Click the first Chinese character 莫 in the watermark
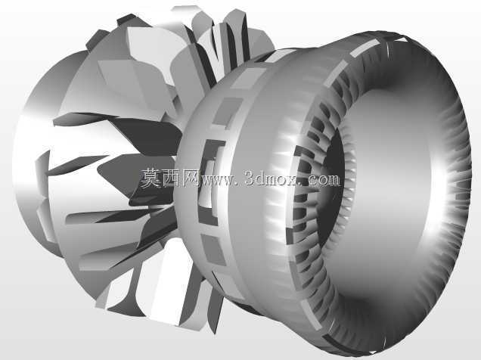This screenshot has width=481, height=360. (151, 178)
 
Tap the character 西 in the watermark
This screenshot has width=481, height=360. (171, 178)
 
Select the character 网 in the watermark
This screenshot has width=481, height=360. (191, 178)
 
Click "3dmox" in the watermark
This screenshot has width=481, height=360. (271, 178)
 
